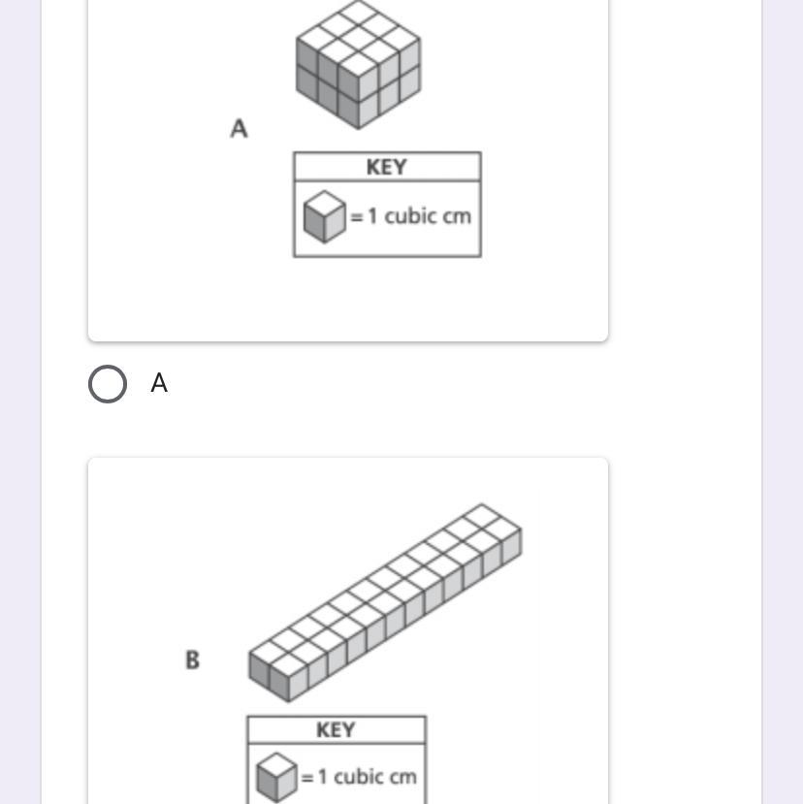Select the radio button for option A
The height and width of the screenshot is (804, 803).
(x=107, y=384)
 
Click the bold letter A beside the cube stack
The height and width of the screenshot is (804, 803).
(x=239, y=128)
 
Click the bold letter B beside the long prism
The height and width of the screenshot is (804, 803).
(x=192, y=659)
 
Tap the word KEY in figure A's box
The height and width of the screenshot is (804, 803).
(x=386, y=167)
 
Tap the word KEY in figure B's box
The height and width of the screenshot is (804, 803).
(x=336, y=729)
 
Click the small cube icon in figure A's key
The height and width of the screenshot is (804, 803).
(x=324, y=215)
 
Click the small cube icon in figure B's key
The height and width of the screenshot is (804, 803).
(x=276, y=776)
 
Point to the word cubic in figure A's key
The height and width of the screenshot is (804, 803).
(x=408, y=215)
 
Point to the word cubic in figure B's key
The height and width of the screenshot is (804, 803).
(x=358, y=776)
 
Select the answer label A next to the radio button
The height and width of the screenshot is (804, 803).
(x=159, y=384)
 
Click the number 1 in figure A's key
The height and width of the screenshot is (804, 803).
(x=372, y=215)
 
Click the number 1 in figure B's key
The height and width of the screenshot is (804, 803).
(x=323, y=776)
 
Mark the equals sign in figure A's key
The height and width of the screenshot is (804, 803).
(x=357, y=216)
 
